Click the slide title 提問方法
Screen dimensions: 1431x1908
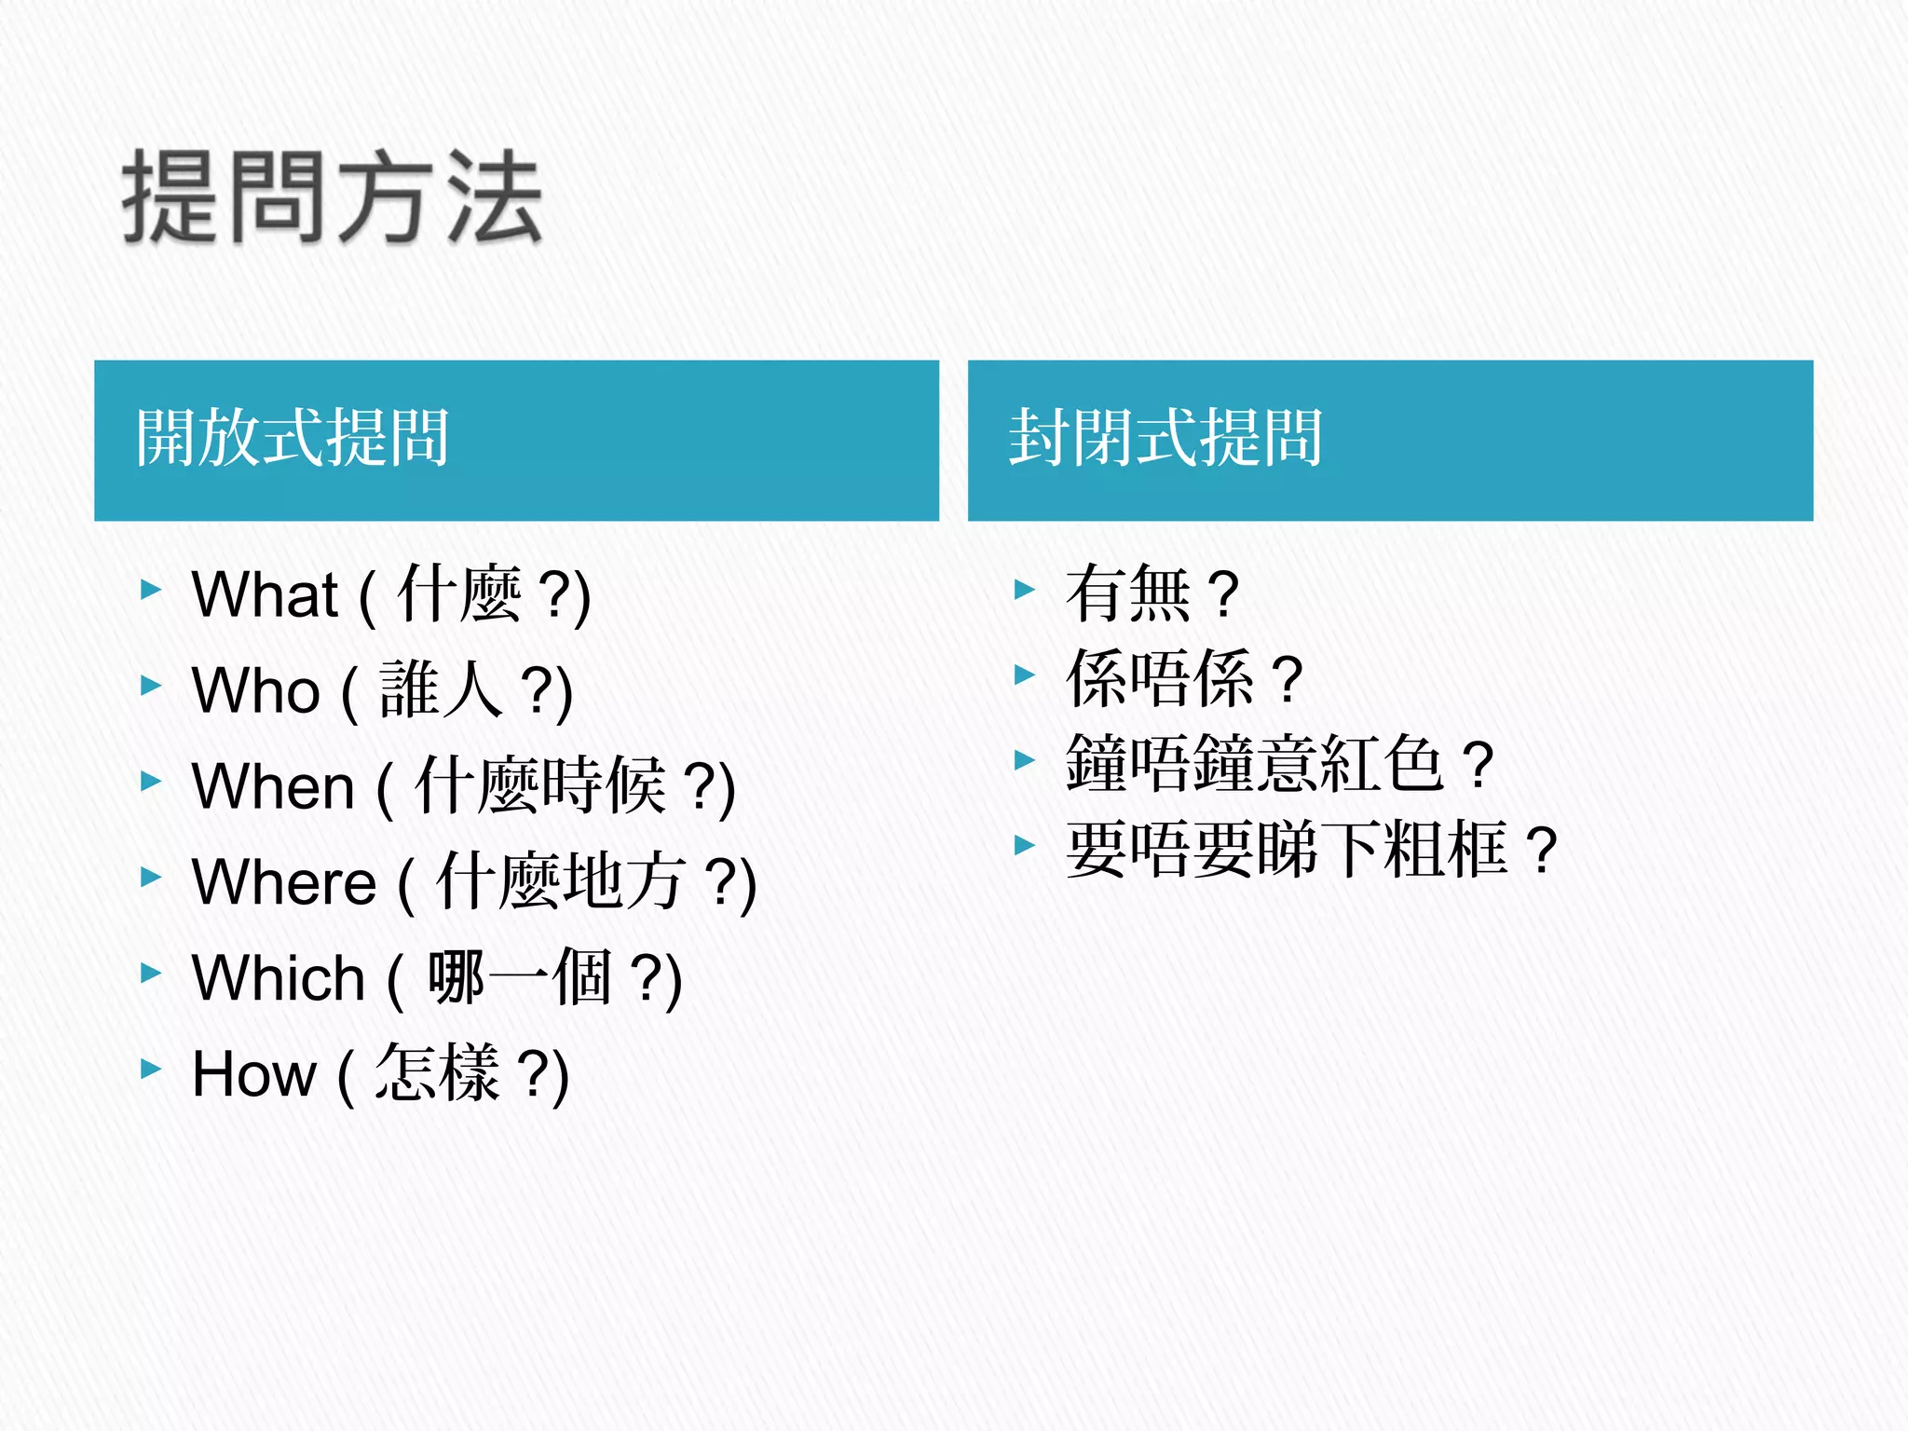[x=332, y=198]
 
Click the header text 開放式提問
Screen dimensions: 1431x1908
[x=293, y=438]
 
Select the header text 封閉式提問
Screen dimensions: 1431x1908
[x=1165, y=438]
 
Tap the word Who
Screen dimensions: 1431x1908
[x=255, y=691]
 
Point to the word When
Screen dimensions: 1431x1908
[x=273, y=786]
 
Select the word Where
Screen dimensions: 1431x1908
[x=283, y=882]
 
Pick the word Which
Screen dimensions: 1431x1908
[x=278, y=978]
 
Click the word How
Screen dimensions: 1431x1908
[x=253, y=1074]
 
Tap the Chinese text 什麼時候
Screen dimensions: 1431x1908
[x=540, y=785]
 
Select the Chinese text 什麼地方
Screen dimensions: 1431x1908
[x=561, y=881]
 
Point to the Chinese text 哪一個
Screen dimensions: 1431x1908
[x=519, y=977]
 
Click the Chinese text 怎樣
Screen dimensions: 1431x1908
[x=437, y=1072]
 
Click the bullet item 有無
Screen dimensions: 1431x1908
[x=1128, y=593]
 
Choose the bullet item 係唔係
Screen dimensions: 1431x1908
[x=1160, y=678]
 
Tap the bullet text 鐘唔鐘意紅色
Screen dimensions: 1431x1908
[x=1255, y=764]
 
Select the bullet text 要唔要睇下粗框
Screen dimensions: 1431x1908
[x=1287, y=850]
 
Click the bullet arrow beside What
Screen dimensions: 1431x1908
[x=151, y=589]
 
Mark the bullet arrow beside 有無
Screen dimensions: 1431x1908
[x=1024, y=589]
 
